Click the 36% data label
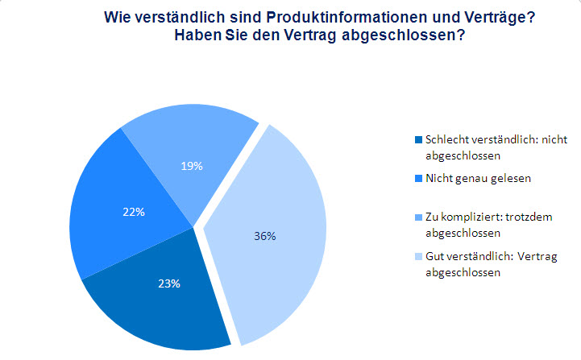266,236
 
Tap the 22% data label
135,213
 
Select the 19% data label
192,166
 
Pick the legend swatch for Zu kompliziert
417,217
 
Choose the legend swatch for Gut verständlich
417,258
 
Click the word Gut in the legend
434,258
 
